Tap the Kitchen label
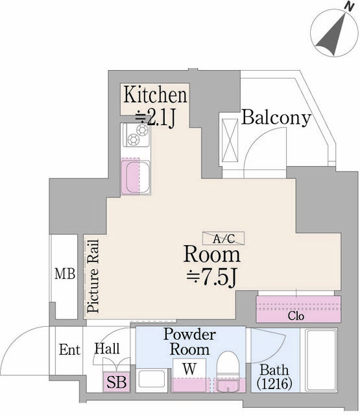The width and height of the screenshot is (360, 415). (x=156, y=95)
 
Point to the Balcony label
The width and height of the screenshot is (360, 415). (x=276, y=118)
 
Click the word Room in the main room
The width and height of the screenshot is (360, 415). (x=212, y=254)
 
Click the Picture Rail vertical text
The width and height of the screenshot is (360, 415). (x=93, y=276)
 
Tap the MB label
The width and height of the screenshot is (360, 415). (x=65, y=274)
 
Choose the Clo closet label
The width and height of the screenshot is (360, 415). (x=296, y=317)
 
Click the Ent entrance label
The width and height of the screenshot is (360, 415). (x=69, y=350)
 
